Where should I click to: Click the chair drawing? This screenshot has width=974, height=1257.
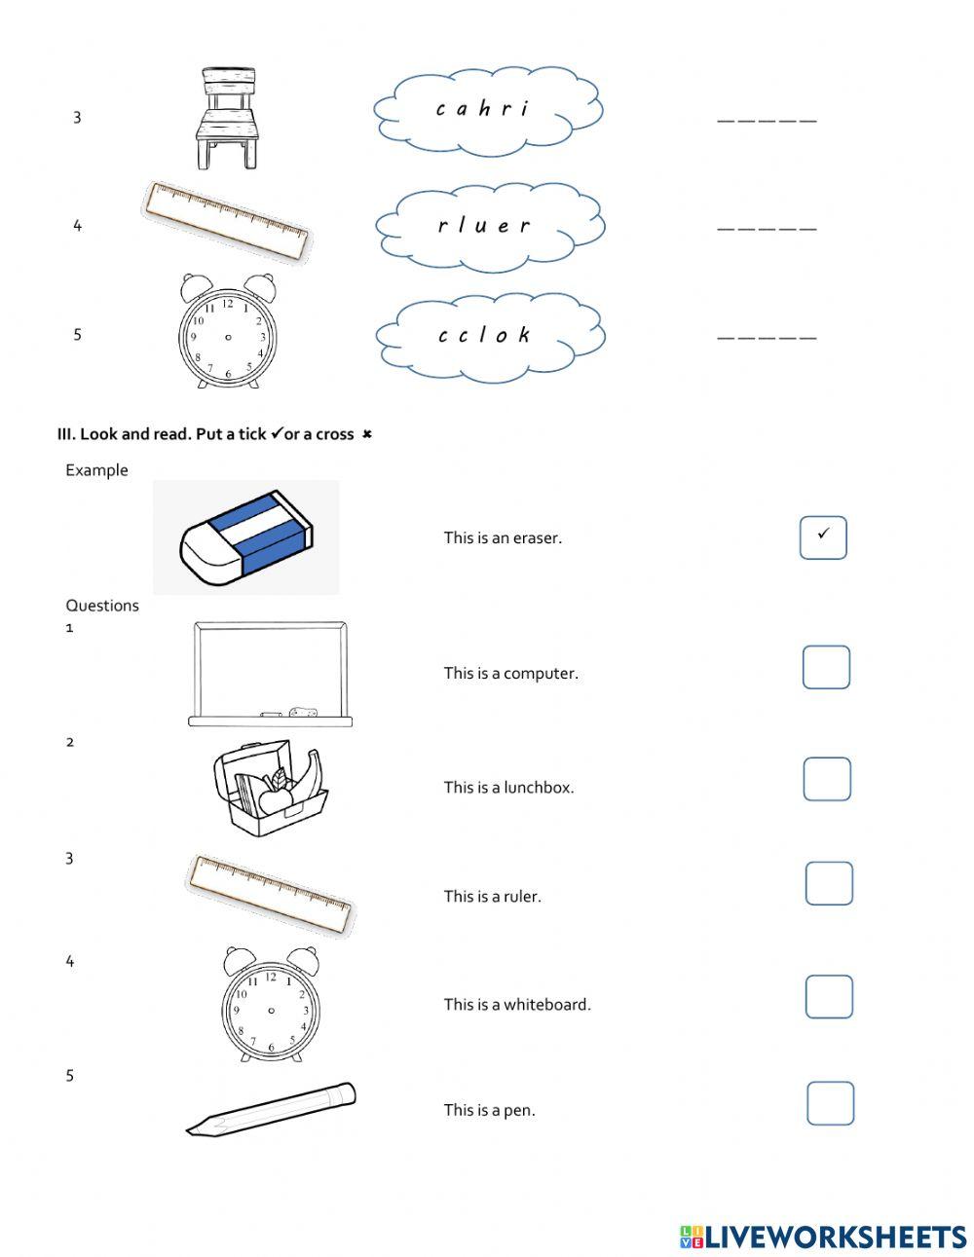[x=230, y=118]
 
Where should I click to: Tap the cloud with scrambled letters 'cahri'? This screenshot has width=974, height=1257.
[x=487, y=110]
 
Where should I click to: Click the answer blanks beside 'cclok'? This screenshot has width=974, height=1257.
[x=767, y=336]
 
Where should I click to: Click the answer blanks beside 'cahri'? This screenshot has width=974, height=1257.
[x=767, y=119]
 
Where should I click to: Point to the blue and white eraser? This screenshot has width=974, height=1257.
[x=246, y=537]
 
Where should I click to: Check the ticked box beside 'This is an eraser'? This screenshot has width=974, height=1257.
[x=823, y=537]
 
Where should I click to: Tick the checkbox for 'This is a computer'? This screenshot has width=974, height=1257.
[x=826, y=668]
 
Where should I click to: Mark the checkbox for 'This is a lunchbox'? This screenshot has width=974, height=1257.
[x=826, y=780]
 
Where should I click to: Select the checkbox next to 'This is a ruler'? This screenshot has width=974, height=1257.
[x=829, y=884]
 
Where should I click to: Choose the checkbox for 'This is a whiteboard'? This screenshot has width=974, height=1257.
[x=829, y=997]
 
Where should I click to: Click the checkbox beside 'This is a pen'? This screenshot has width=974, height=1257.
[x=830, y=1104]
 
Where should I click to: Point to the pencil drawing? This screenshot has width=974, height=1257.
[x=271, y=1109]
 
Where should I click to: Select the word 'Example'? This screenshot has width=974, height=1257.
[x=96, y=470]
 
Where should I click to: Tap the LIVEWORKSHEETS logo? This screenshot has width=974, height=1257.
[x=823, y=1237]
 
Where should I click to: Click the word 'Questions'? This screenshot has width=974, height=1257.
[x=102, y=606]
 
